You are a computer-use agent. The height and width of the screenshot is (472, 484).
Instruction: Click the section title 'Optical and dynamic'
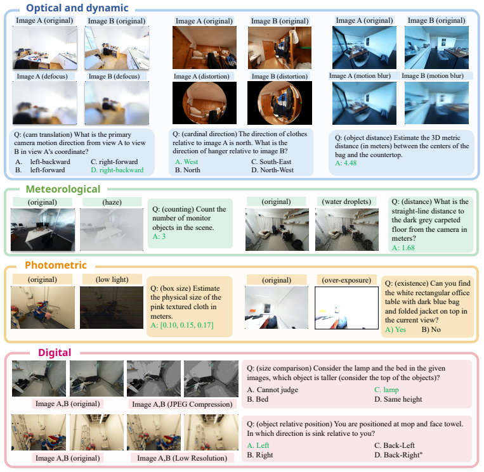pyautogui.click(x=77, y=8)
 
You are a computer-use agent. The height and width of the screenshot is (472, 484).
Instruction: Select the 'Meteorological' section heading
pyautogui.click(x=63, y=189)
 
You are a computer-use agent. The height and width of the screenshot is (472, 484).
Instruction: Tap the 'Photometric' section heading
pyautogui.click(x=56, y=265)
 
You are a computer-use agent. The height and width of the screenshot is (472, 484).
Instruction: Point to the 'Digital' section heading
pyautogui.click(x=55, y=352)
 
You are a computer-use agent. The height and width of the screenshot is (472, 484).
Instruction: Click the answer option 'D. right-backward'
pyautogui.click(x=117, y=170)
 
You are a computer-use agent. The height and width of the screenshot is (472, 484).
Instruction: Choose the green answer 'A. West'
pyautogui.click(x=186, y=162)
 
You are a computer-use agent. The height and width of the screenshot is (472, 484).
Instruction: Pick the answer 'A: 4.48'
pyautogui.click(x=346, y=163)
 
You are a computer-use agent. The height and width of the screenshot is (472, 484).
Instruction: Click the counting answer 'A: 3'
pyautogui.click(x=159, y=236)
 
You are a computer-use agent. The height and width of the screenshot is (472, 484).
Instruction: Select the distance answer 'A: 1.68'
pyautogui.click(x=403, y=248)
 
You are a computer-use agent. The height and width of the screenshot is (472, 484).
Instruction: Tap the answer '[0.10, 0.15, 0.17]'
pyautogui.click(x=186, y=325)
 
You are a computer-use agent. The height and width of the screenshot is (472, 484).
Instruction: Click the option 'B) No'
pyautogui.click(x=431, y=329)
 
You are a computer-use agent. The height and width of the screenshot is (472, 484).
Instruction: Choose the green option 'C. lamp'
pyautogui.click(x=386, y=390)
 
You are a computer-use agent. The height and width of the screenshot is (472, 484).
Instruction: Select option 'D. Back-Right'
pyautogui.click(x=397, y=455)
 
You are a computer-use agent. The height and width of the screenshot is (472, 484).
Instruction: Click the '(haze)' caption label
pyautogui.click(x=112, y=202)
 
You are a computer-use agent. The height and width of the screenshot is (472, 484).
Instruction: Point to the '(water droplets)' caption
pyautogui.click(x=346, y=201)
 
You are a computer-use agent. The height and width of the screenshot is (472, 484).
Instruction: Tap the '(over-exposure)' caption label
pyautogui.click(x=346, y=280)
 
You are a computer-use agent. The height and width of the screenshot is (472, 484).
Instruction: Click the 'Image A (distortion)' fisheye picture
pyautogui.click(x=204, y=103)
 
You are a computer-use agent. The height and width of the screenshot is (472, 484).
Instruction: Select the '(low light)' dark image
pyautogui.click(x=112, y=307)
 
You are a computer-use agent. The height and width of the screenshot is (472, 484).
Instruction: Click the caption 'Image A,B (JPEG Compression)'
pyautogui.click(x=182, y=404)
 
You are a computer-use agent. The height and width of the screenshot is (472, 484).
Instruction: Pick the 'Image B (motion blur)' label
pyautogui.click(x=433, y=76)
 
